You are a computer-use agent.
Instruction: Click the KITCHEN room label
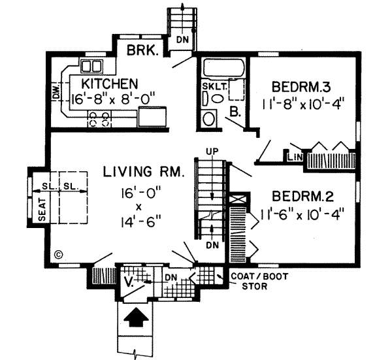pos(110,84)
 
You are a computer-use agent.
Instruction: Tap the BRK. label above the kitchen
pos(141,51)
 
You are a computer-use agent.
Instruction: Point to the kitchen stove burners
pos(99,118)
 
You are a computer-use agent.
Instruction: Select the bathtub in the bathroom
pos(222,67)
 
